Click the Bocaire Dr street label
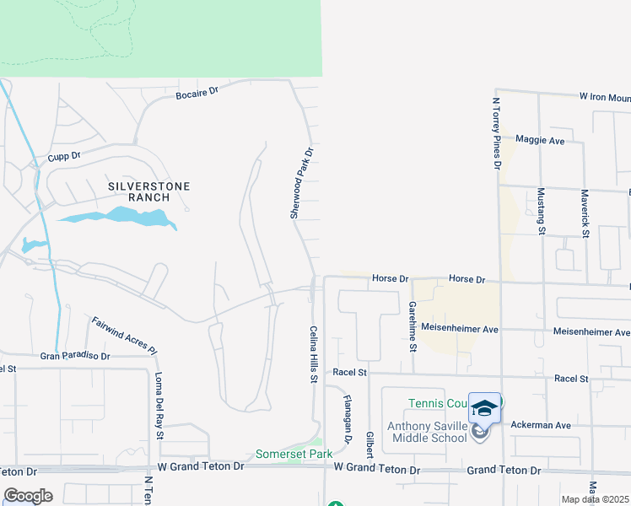(197, 92)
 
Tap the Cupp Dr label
(63, 156)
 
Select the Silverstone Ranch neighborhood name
(148, 191)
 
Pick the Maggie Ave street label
(540, 140)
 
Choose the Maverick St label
(585, 211)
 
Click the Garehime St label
(413, 325)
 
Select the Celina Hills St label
(312, 355)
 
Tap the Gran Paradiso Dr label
(75, 357)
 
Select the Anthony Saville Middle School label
(426, 432)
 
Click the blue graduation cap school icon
(484, 408)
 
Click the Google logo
(29, 496)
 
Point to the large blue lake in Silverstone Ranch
(118, 218)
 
